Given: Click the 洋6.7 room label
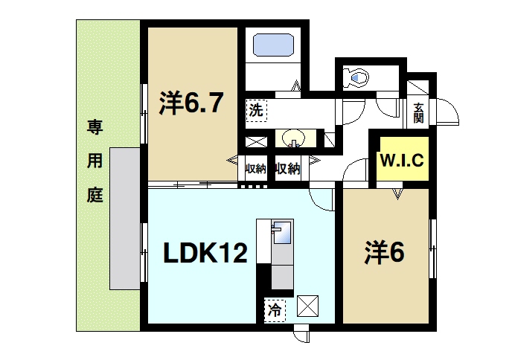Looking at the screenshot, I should [191, 103].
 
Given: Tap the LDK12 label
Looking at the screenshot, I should [205, 254].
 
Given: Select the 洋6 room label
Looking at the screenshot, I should [383, 254].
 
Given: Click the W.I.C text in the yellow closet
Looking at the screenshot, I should [400, 159].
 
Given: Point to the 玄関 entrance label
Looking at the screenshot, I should [418, 112].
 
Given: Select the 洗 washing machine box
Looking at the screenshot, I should [255, 111].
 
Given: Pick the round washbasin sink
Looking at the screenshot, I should [292, 139].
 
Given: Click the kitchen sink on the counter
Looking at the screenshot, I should [282, 232].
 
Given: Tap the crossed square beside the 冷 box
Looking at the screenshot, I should [307, 306].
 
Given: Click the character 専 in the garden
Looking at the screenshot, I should [94, 126].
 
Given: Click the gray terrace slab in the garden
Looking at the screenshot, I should [124, 217].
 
